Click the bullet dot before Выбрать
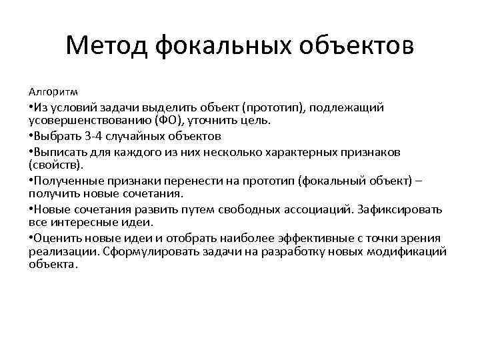31,137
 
